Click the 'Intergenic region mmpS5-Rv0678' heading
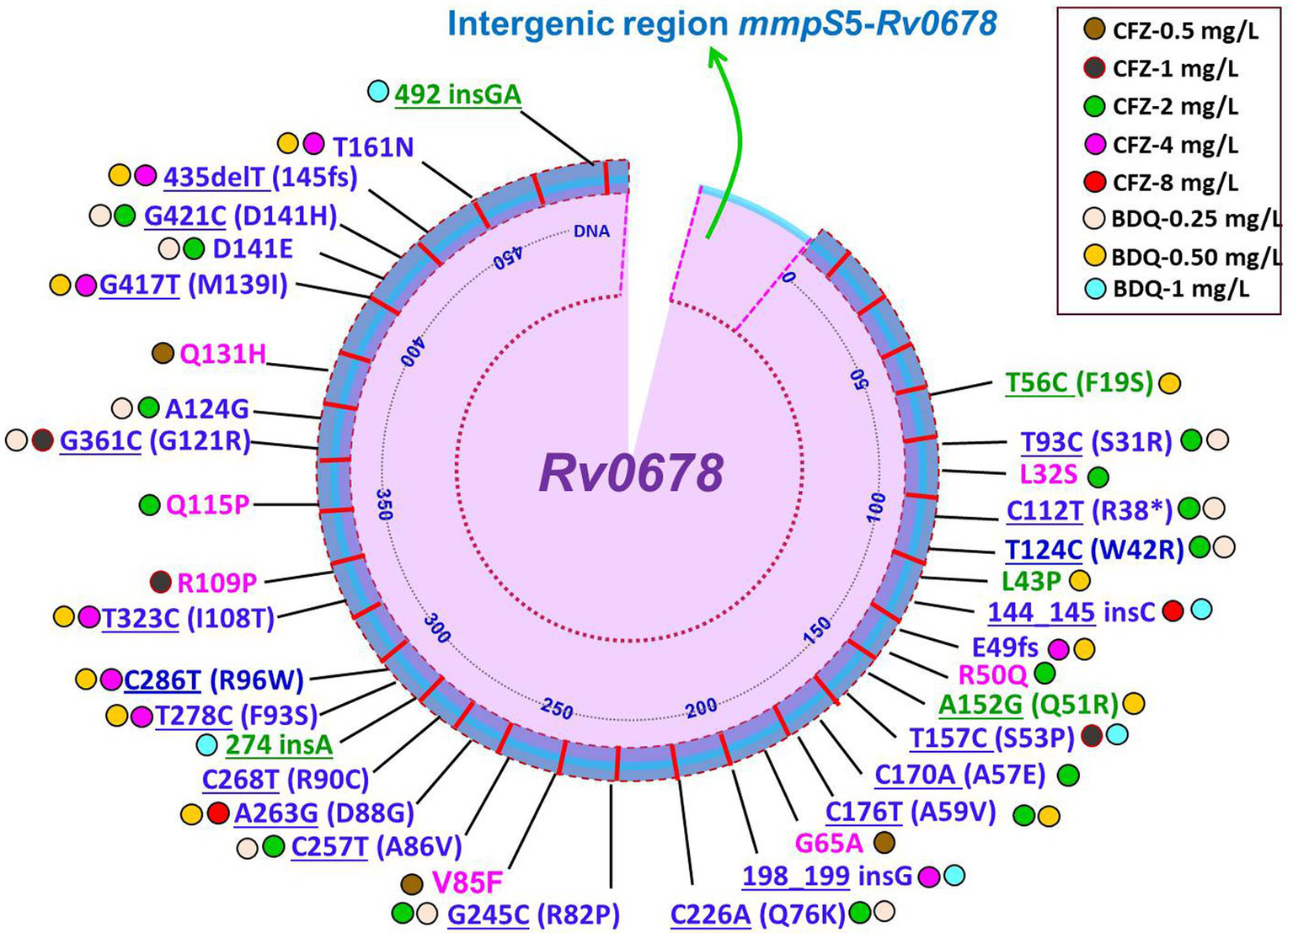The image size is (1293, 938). click(x=722, y=24)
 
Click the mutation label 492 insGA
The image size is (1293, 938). click(x=457, y=94)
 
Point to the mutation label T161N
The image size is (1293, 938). click(x=373, y=147)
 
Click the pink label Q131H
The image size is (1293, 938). click(x=222, y=354)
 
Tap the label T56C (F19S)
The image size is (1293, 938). click(x=1078, y=383)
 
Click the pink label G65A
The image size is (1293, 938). click(x=829, y=842)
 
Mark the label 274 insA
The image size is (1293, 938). click(x=279, y=745)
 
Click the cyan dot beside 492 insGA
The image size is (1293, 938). click(x=378, y=92)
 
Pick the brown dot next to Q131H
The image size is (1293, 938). click(x=163, y=354)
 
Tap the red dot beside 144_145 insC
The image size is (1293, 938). click(x=1173, y=611)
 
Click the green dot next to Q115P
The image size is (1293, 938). click(x=149, y=505)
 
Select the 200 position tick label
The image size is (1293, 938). click(x=701, y=707)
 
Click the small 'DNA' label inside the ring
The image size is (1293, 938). click(x=591, y=231)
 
